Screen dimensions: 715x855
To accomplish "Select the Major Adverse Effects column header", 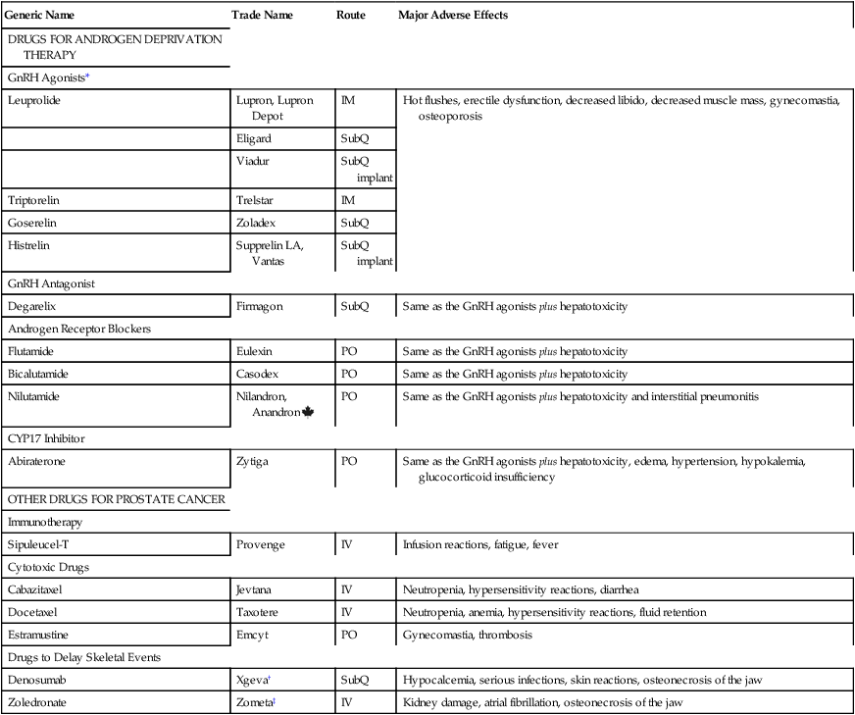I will click(x=453, y=16).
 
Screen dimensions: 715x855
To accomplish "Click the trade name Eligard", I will click(x=253, y=138).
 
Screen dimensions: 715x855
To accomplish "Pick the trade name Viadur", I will click(x=252, y=161).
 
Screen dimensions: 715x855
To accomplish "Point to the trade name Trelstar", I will click(x=255, y=200).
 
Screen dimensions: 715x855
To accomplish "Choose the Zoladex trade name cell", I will click(x=256, y=223).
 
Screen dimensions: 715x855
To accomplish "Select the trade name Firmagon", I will click(x=259, y=307).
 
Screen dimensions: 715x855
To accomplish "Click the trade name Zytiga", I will click(x=252, y=460).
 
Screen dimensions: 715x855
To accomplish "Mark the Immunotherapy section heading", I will click(x=45, y=523).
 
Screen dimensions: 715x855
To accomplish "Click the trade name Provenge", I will click(x=258, y=544).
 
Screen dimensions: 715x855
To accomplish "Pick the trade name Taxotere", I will click(x=257, y=612).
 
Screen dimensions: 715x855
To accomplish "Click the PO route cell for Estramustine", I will click(x=348, y=635).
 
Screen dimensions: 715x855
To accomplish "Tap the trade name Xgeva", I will click(x=251, y=680).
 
